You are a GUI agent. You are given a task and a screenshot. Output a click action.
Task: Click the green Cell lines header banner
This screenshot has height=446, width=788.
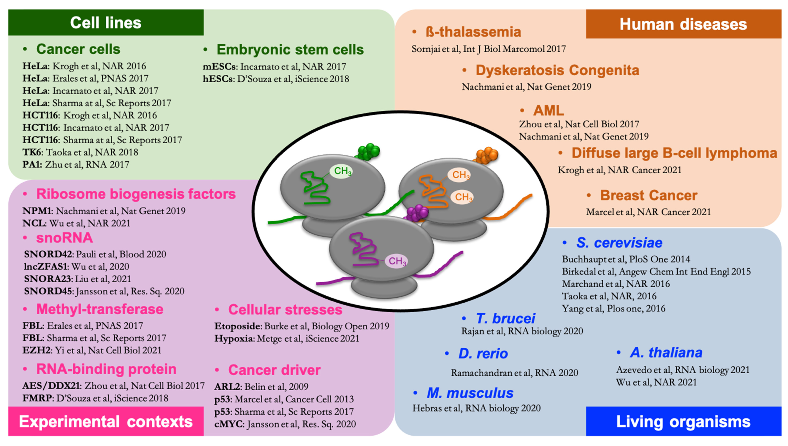tap(106, 23)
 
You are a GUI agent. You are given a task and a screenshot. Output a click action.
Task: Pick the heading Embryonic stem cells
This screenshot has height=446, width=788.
tap(290, 50)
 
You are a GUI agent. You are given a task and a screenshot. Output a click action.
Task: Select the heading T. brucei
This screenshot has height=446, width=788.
tap(505, 319)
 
